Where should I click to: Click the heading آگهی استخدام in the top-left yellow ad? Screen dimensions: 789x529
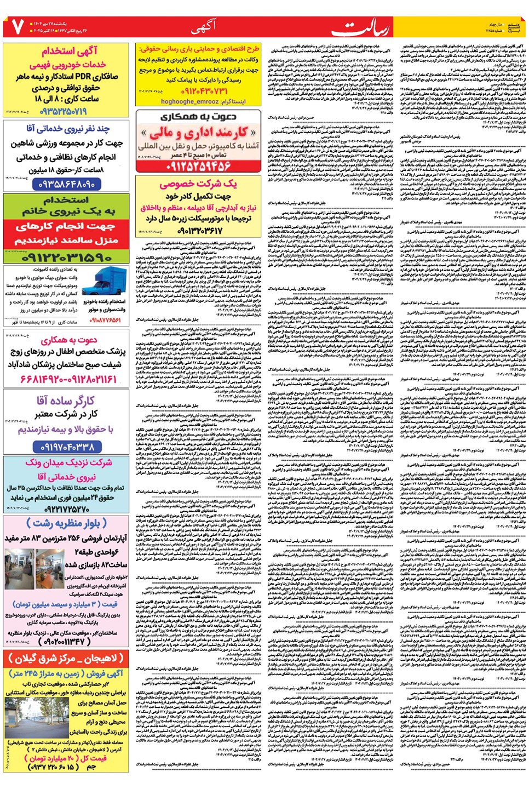click(70, 52)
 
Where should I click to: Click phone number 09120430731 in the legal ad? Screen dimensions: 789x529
click(197, 91)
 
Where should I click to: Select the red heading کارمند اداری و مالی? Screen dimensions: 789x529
click(198, 133)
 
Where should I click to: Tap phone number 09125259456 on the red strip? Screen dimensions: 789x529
click(198, 165)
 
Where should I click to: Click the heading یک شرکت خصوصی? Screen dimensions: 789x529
click(198, 184)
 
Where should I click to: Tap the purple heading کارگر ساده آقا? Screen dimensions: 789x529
click(65, 401)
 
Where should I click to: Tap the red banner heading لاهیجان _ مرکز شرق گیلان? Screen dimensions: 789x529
click(66, 659)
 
